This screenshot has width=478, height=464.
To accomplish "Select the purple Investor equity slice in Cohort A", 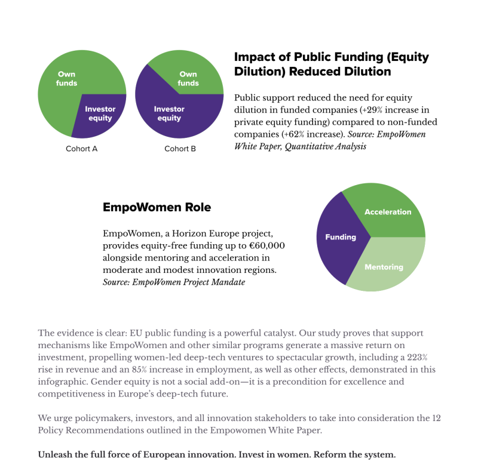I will coord(100,113).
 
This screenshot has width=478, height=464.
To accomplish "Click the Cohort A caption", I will coord(82,149).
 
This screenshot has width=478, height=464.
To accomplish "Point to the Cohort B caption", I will coord(180,149).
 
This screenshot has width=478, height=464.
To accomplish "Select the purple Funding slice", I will coord(340,237).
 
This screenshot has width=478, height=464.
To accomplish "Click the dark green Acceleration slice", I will coord(388,212).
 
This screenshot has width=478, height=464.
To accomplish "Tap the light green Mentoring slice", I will coord(384,267).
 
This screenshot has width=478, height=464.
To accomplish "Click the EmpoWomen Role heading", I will coord(157,207).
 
